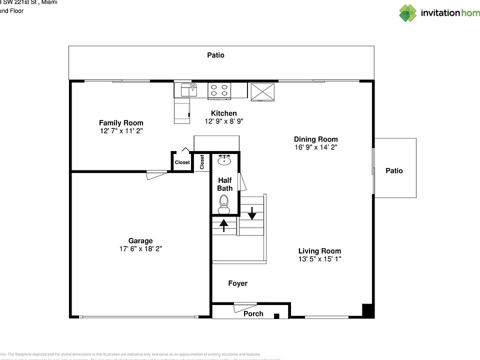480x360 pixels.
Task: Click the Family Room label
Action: click(x=121, y=123)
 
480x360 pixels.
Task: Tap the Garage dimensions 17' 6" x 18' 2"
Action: click(x=140, y=248)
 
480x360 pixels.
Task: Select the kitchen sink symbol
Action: click(x=189, y=90)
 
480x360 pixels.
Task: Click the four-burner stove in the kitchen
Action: click(x=219, y=90)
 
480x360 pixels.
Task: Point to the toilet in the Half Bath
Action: click(x=224, y=203)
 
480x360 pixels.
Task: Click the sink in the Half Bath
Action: click(x=224, y=160)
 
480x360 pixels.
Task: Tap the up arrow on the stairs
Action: click(x=224, y=225)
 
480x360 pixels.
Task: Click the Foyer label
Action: click(x=237, y=283)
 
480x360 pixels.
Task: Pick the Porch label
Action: click(x=253, y=313)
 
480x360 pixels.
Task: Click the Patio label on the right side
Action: click(x=394, y=171)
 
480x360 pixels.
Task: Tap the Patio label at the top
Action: click(x=215, y=55)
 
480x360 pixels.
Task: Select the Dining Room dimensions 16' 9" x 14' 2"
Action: click(x=316, y=147)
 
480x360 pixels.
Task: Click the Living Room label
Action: click(x=319, y=251)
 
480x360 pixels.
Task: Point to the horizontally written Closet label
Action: click(x=182, y=162)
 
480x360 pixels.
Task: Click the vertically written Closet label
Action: click(x=202, y=162)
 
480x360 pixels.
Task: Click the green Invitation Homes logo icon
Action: click(x=407, y=12)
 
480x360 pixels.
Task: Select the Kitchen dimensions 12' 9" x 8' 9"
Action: click(x=223, y=121)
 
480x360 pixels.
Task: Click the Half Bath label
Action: click(x=224, y=184)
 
